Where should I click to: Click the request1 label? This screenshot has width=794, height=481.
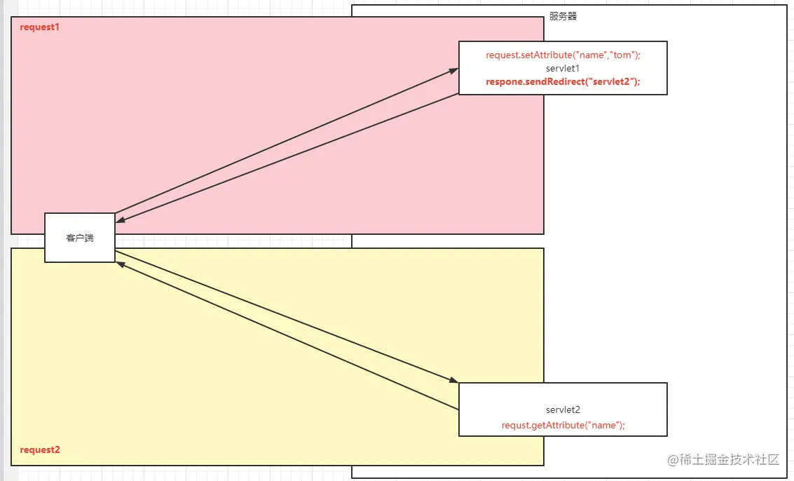pos(39,27)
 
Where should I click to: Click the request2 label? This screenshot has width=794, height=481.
pos(39,449)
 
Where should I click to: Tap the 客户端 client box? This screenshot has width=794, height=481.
pos(80,238)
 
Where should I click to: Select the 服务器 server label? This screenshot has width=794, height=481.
pos(563,16)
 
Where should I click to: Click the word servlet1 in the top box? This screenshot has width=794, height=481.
pos(563,68)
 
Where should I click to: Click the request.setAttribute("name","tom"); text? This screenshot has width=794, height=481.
pos(563,55)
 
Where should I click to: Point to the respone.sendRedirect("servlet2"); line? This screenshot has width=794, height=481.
pos(563,81)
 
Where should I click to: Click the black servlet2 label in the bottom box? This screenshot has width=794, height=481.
pos(563,409)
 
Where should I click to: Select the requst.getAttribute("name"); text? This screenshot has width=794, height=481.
pos(563,425)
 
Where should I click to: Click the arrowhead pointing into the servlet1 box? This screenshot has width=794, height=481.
pos(454,70)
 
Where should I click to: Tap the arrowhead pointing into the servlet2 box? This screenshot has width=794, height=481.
pos(453,381)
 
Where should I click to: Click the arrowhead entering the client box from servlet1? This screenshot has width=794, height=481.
pos(120,220)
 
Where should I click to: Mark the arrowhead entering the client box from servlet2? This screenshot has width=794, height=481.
pos(120,264)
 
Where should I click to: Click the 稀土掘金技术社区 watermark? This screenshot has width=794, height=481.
pos(723,460)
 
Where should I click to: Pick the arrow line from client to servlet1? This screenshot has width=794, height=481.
pos(280,143)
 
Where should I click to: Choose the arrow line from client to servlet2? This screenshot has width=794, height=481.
pos(280,314)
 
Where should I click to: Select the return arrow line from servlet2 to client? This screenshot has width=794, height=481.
pos(280,332)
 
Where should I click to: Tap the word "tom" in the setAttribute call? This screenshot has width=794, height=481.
pos(622,55)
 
